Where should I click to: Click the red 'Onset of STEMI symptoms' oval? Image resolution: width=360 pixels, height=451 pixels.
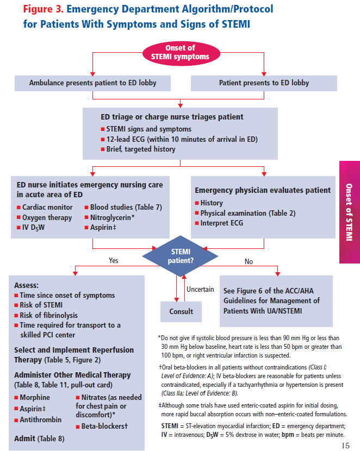(179, 52)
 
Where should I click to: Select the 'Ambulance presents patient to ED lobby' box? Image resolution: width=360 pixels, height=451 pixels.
(92, 83)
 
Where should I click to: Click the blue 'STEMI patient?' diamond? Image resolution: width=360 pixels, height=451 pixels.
(180, 256)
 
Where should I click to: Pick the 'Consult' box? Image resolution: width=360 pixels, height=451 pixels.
(181, 311)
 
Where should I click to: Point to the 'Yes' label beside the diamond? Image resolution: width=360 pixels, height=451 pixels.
(113, 261)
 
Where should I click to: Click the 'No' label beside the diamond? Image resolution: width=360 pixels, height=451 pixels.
(249, 261)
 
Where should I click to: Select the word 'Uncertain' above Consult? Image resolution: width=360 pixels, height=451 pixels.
(200, 290)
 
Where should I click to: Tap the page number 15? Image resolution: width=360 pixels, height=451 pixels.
(346, 446)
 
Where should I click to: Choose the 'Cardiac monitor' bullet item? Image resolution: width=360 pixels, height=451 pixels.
(47, 208)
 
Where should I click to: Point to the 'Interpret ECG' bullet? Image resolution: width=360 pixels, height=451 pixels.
(222, 223)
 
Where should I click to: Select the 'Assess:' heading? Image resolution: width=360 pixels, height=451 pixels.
(27, 285)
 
